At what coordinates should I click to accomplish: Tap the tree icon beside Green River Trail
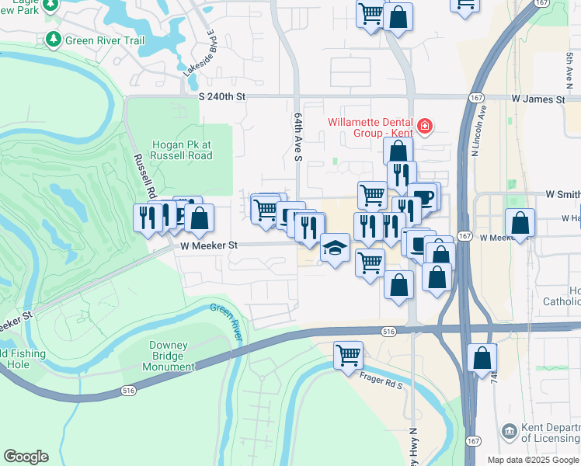(x=53, y=38)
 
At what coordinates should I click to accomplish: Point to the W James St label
(x=538, y=99)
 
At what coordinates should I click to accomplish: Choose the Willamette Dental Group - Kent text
(x=371, y=127)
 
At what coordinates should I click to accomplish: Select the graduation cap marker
(x=335, y=249)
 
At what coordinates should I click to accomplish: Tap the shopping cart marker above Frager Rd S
(x=349, y=356)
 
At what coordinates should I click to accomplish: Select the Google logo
(x=26, y=456)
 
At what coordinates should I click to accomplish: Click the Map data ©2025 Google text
(x=533, y=460)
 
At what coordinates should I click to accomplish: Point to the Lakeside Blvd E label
(x=199, y=53)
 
